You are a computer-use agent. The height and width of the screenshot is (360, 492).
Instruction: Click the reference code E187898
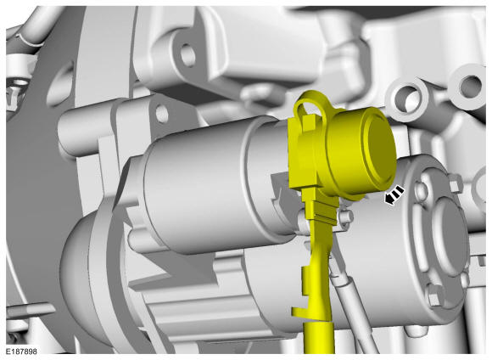tap(21, 351)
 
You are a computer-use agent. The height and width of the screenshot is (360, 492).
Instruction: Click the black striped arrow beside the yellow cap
tap(394, 195)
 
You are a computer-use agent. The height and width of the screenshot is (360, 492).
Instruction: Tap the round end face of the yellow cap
tap(380, 150)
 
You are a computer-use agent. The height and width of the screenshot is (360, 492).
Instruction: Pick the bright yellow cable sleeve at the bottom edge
tap(319, 339)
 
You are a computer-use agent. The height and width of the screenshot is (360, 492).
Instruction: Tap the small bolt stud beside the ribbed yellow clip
tap(346, 217)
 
